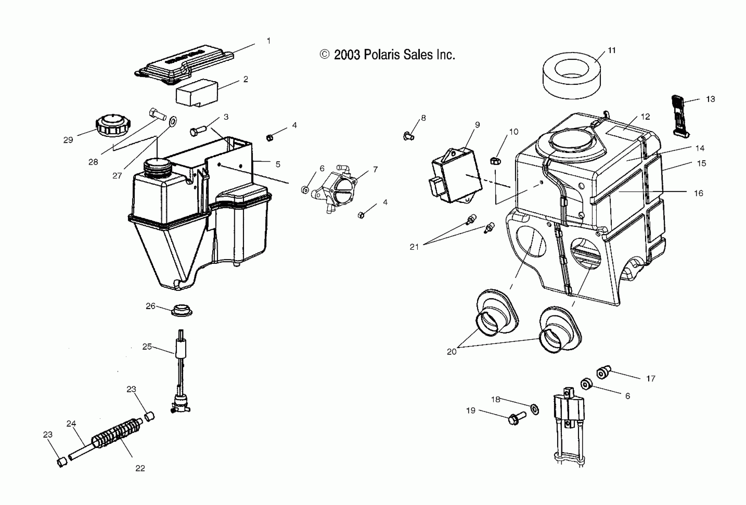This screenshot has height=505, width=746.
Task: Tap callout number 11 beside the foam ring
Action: coord(612,50)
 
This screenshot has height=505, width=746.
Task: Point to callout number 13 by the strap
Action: coord(710,99)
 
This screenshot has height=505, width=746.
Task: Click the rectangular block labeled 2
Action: coord(197,92)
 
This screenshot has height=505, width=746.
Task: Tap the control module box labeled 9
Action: coord(457,176)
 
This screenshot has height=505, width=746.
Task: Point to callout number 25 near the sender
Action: coord(147,347)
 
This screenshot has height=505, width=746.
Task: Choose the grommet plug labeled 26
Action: coord(182,310)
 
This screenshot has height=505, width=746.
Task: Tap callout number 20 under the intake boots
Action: coord(451,352)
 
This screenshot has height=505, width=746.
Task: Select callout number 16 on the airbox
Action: coord(699,193)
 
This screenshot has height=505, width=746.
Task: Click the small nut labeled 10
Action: coord(495,160)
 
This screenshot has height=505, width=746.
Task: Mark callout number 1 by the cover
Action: coord(268,41)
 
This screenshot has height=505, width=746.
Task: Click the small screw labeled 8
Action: coord(408,136)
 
